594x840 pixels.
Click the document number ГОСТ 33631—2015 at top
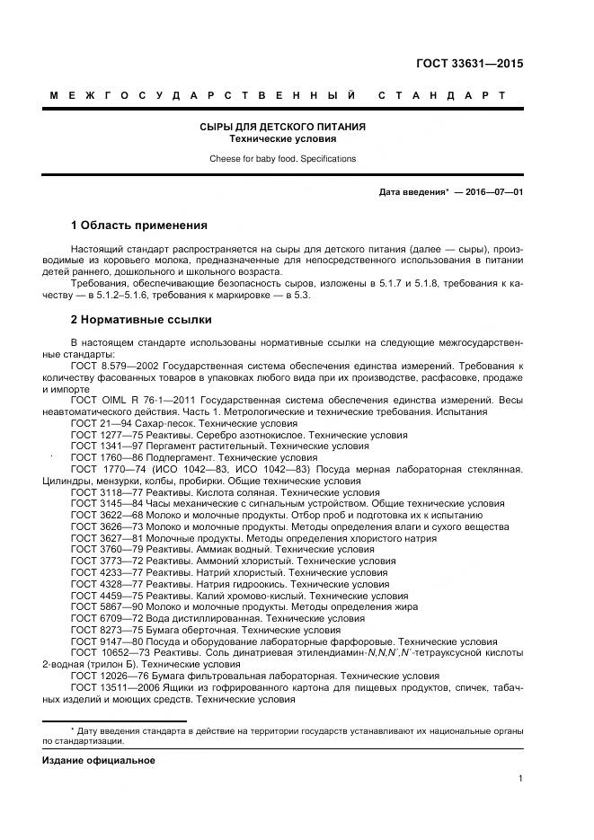[x=469, y=64]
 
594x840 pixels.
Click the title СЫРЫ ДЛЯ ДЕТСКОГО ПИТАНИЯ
[x=282, y=128]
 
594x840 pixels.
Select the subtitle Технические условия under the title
[x=282, y=140]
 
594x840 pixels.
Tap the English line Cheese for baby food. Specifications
[x=282, y=159]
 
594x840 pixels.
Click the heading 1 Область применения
[x=138, y=225]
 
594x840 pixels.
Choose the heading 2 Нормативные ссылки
[x=141, y=319]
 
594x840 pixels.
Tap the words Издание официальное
[x=99, y=761]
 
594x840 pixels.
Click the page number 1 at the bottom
[x=520, y=779]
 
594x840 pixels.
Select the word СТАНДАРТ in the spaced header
[x=441, y=95]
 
